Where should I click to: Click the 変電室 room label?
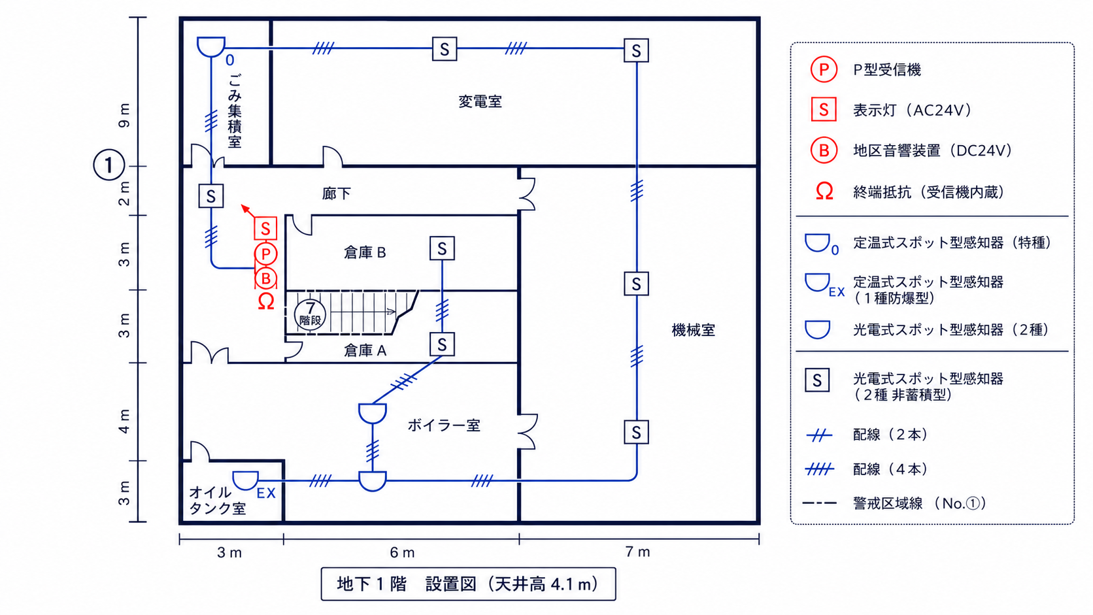[480, 102]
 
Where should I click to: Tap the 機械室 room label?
[694, 331]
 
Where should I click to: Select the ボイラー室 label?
[444, 425]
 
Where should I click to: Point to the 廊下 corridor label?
[336, 193]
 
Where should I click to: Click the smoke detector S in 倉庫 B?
[442, 249]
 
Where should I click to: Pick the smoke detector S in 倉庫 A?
[442, 344]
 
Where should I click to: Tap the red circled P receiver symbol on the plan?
[266, 254]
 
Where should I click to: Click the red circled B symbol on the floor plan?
[266, 278]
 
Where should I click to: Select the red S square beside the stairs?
[265, 228]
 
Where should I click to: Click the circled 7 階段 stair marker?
[310, 314]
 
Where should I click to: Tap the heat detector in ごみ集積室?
[210, 47]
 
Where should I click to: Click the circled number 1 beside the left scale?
[109, 165]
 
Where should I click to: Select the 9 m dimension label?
[124, 116]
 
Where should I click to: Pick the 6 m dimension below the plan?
[402, 552]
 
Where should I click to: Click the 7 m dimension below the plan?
[638, 552]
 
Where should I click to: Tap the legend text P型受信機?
[887, 70]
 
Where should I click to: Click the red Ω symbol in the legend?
[824, 191]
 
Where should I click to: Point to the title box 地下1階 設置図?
[469, 584]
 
